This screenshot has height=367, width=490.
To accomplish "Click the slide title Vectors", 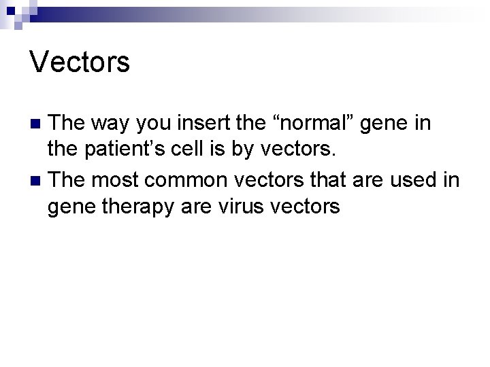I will (x=80, y=63).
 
